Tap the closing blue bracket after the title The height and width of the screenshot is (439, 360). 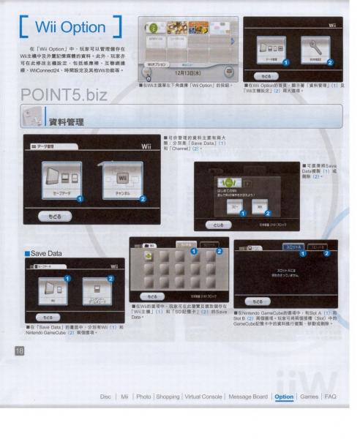point(108,28)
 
